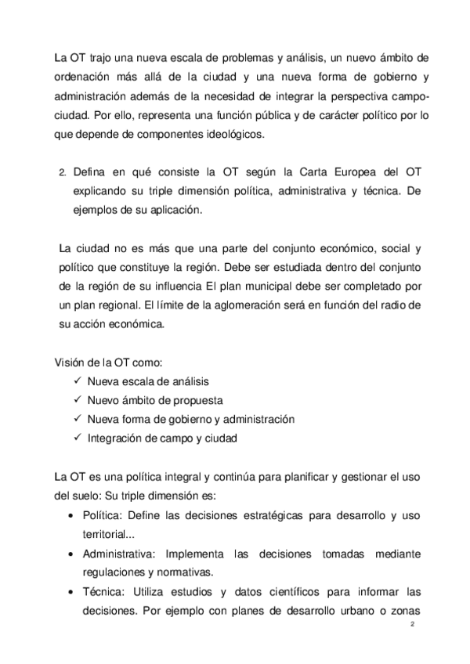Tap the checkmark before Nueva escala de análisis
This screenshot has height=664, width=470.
click(76, 381)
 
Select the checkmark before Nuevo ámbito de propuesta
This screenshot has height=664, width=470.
click(76, 399)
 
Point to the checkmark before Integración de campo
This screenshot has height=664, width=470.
click(76, 437)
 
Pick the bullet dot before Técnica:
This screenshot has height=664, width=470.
click(73, 593)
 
